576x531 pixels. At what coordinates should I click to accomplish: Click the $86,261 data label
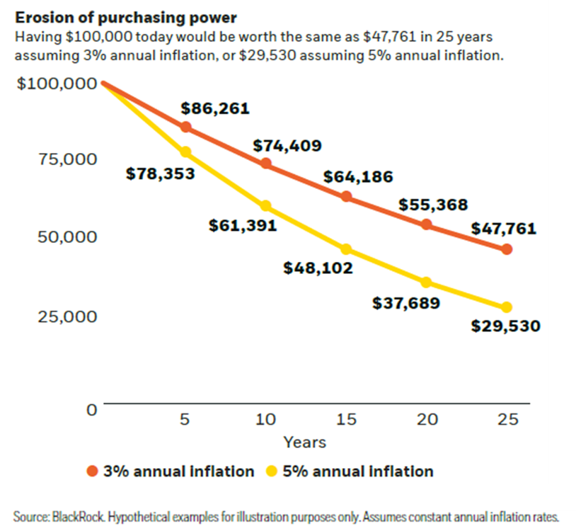pos(215,109)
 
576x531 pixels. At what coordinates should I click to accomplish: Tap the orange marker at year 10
pos(266,164)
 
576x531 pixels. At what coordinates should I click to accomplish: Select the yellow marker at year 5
pos(185,152)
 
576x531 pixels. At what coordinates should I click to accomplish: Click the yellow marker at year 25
pos(507,307)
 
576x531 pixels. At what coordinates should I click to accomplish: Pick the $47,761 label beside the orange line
pos(503,229)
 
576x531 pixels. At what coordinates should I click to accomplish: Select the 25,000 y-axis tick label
pos(68,316)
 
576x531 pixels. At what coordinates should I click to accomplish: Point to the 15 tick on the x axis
pos(346,419)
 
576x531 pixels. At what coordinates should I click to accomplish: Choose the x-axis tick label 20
pos(427,419)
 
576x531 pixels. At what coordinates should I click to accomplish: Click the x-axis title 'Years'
pos(305,442)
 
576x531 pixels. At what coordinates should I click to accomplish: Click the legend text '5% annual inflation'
pos(357,472)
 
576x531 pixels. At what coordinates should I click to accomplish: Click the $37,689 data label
pos(406,304)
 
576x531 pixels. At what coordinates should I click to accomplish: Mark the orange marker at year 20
pos(427,224)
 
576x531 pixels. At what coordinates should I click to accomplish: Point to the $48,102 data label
pos(318,268)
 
